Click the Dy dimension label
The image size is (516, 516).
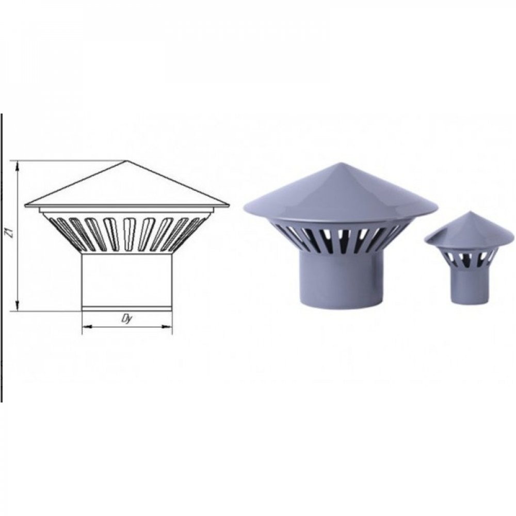pos(127,319)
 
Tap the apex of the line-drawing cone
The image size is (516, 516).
pos(127,161)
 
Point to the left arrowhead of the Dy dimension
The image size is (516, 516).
pos(86,327)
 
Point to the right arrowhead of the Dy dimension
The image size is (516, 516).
pos(168,327)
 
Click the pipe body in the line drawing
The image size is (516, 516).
pos(127,280)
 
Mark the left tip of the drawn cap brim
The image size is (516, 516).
pos(25,205)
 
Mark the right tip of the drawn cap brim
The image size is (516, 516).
pos(229,205)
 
